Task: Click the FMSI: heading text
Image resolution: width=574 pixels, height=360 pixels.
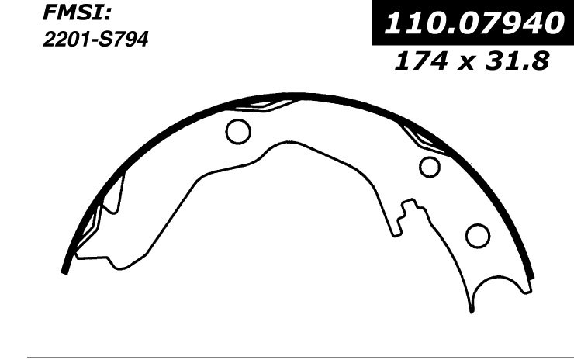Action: pos(77,13)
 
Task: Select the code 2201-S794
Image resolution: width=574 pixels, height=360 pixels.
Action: pos(95,40)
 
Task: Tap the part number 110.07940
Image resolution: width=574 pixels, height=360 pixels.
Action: pos(474,22)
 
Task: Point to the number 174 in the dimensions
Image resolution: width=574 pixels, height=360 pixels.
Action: pos(420,61)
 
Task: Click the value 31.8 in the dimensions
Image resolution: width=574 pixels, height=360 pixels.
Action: pos(518,61)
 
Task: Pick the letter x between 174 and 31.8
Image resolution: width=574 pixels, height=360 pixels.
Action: pos(466,63)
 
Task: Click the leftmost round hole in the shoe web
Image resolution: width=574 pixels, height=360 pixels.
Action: pos(238,131)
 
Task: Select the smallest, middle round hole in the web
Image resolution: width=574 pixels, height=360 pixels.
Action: pos(430,167)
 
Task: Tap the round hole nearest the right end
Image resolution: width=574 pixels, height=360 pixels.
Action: pos(478,236)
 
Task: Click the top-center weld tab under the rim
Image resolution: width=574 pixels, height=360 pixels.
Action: pos(267,105)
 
